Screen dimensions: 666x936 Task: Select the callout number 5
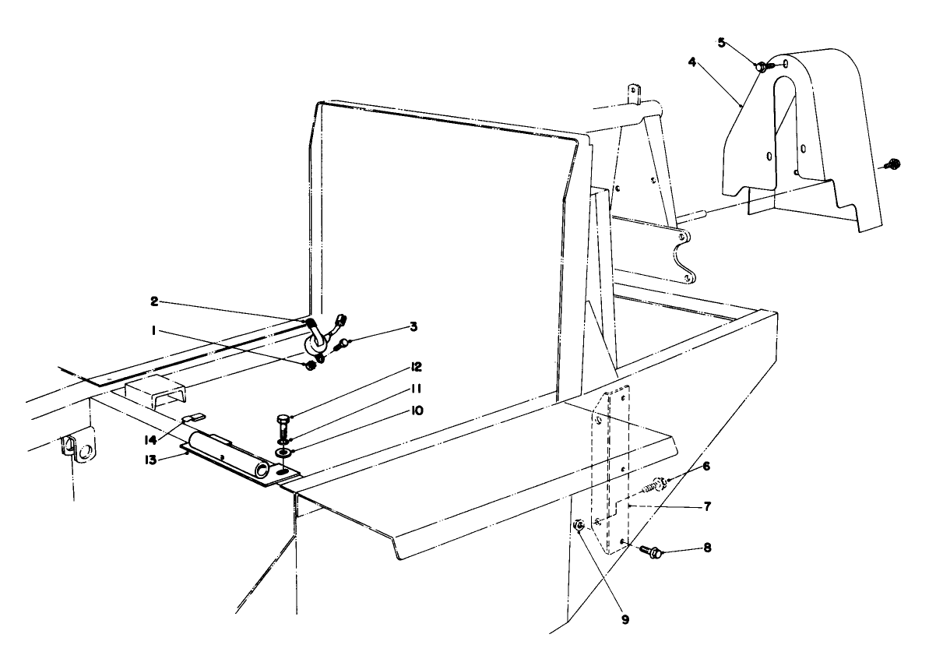click(x=721, y=42)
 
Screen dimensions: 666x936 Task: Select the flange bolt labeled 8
click(x=653, y=552)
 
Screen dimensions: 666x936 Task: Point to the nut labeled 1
click(x=308, y=365)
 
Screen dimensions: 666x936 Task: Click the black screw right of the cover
click(x=892, y=164)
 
